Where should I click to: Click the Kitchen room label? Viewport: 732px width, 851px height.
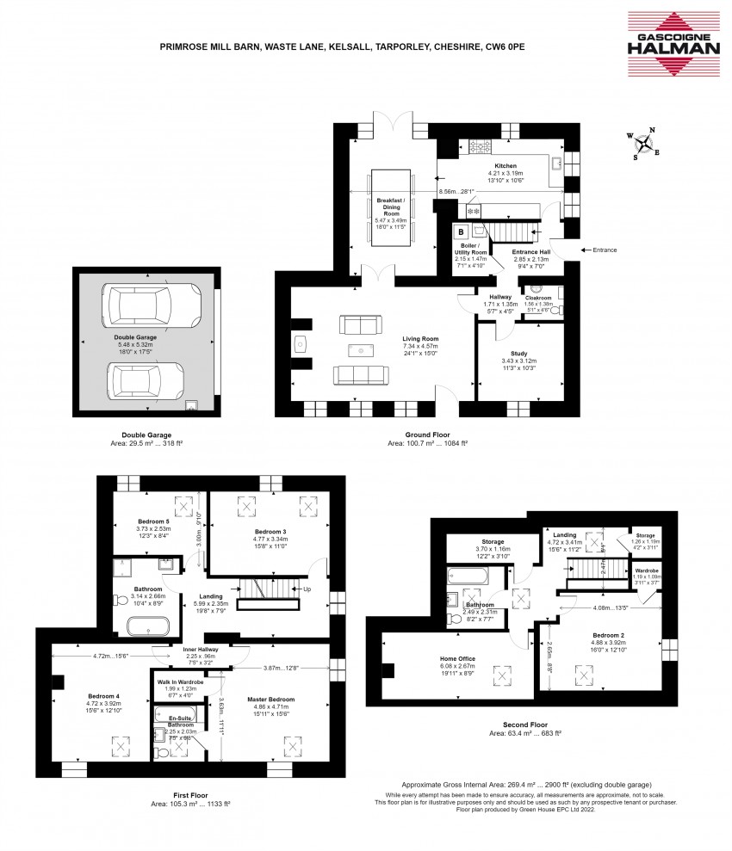[x=505, y=165]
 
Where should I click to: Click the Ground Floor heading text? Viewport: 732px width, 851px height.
[x=427, y=435]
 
